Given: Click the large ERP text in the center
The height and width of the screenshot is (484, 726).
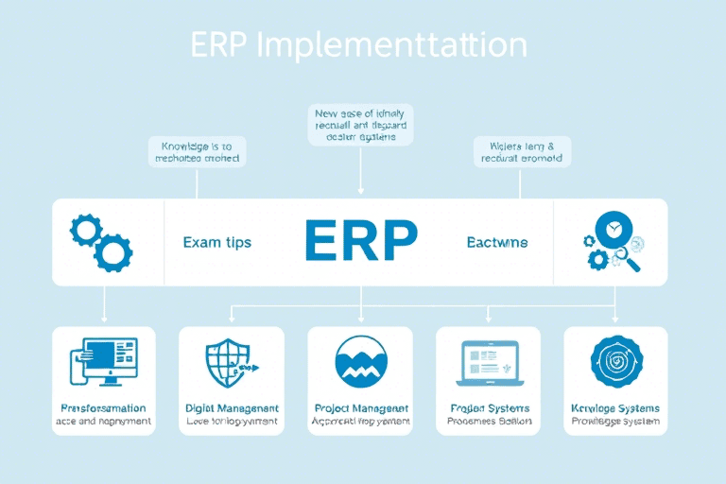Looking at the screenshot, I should tap(360, 242).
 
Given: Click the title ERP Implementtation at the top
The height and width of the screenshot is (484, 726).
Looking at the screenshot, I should tap(358, 46).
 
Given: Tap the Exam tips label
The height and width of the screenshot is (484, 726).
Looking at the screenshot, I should tap(216, 242).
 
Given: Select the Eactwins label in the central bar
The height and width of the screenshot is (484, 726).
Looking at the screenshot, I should tap(497, 242).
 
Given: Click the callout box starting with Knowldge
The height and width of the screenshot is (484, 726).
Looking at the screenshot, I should tap(198, 152).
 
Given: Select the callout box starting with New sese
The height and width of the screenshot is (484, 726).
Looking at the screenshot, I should tap(360, 125).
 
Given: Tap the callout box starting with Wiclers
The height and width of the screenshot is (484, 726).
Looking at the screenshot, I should tap(521, 152).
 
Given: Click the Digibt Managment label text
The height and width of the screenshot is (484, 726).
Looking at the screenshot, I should tap(232, 408).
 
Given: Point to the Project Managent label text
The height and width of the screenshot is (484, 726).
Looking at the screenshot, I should tap(360, 408).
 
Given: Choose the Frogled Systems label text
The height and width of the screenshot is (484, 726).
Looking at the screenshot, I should tap(489, 408).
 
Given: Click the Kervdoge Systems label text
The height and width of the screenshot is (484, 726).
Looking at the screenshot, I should tap(615, 408).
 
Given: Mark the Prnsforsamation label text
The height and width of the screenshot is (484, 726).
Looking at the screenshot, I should tap(104, 408).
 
